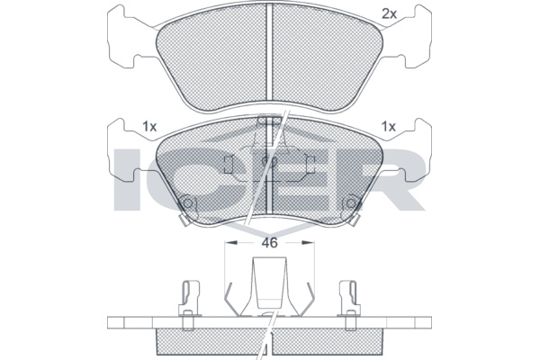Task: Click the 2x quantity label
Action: (x=390, y=13)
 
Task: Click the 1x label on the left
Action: (x=149, y=127)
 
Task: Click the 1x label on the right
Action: (x=389, y=127)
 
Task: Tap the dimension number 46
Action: (x=269, y=243)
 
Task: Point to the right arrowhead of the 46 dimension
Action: (x=308, y=242)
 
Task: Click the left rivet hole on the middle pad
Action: (x=187, y=203)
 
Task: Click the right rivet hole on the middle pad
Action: (x=351, y=203)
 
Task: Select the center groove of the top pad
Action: (x=270, y=52)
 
